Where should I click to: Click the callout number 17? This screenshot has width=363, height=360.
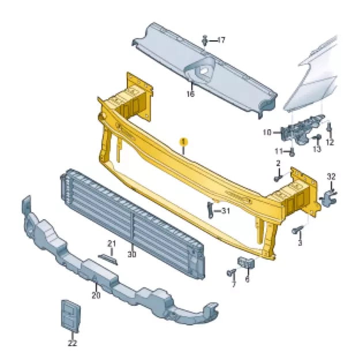[221, 40]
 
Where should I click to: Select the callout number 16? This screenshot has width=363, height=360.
[191, 94]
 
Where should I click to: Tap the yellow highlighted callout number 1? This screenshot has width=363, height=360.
[184, 141]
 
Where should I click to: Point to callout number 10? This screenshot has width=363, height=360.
[267, 133]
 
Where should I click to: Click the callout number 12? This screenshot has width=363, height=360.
[330, 142]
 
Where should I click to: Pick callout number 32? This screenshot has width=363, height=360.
[331, 177]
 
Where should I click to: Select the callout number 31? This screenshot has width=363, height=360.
[225, 211]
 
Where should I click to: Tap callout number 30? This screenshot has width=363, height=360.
[132, 254]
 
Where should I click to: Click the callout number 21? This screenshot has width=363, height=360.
[112, 243]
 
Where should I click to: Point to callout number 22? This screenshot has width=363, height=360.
[72, 343]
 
